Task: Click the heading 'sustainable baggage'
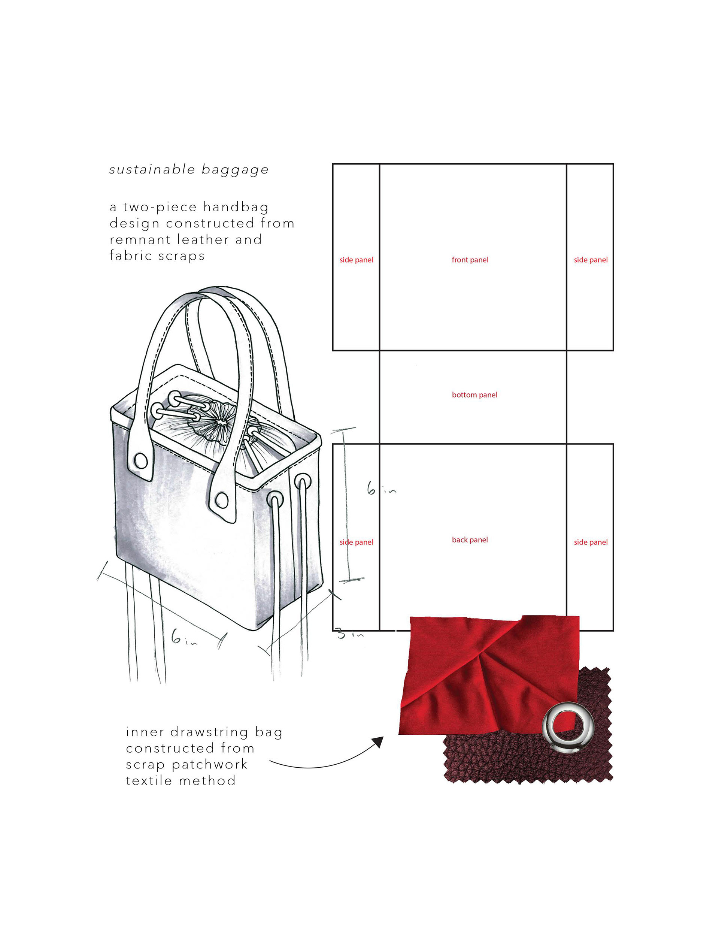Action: tap(189, 170)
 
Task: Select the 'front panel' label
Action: tap(470, 260)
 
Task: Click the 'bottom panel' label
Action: tap(474, 395)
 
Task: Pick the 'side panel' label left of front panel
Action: tap(356, 260)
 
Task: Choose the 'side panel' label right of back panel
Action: tap(590, 542)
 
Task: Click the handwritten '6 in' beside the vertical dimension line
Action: tap(380, 489)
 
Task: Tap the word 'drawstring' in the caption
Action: tap(209, 732)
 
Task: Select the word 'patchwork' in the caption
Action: tap(209, 764)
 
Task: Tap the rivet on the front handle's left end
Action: tap(141, 461)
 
